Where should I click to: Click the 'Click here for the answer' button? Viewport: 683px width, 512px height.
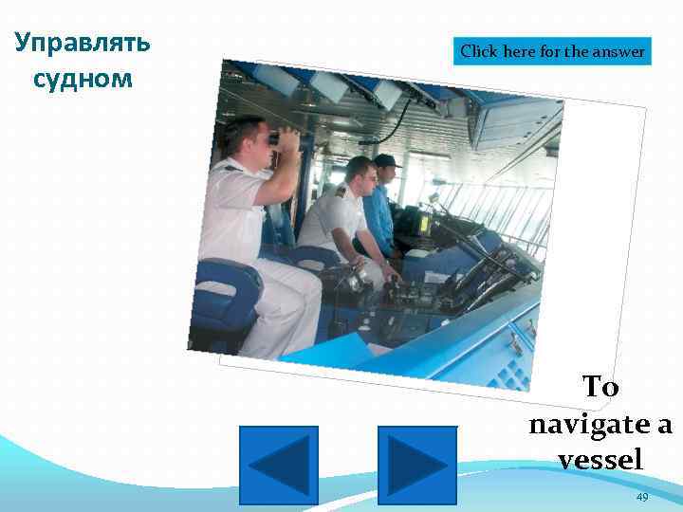(553, 51)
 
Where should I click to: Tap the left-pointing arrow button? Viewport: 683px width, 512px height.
(278, 465)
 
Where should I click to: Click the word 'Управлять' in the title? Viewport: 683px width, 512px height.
(83, 43)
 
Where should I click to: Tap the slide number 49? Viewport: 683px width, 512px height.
(642, 498)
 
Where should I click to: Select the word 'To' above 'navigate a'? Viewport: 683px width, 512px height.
(600, 387)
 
